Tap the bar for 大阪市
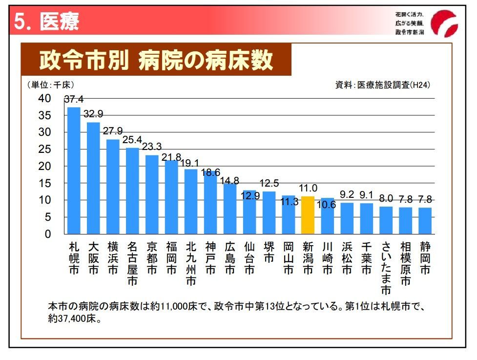click(x=93, y=178)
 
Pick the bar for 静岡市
click(x=425, y=220)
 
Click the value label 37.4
click(x=74, y=99)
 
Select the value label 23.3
click(x=152, y=147)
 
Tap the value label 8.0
click(x=386, y=199)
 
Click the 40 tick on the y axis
click(x=44, y=99)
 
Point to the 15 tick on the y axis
click(x=44, y=183)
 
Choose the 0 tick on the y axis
click(x=47, y=234)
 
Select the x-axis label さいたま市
click(x=386, y=268)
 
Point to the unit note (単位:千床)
click(x=51, y=85)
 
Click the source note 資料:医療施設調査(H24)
click(x=382, y=85)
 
